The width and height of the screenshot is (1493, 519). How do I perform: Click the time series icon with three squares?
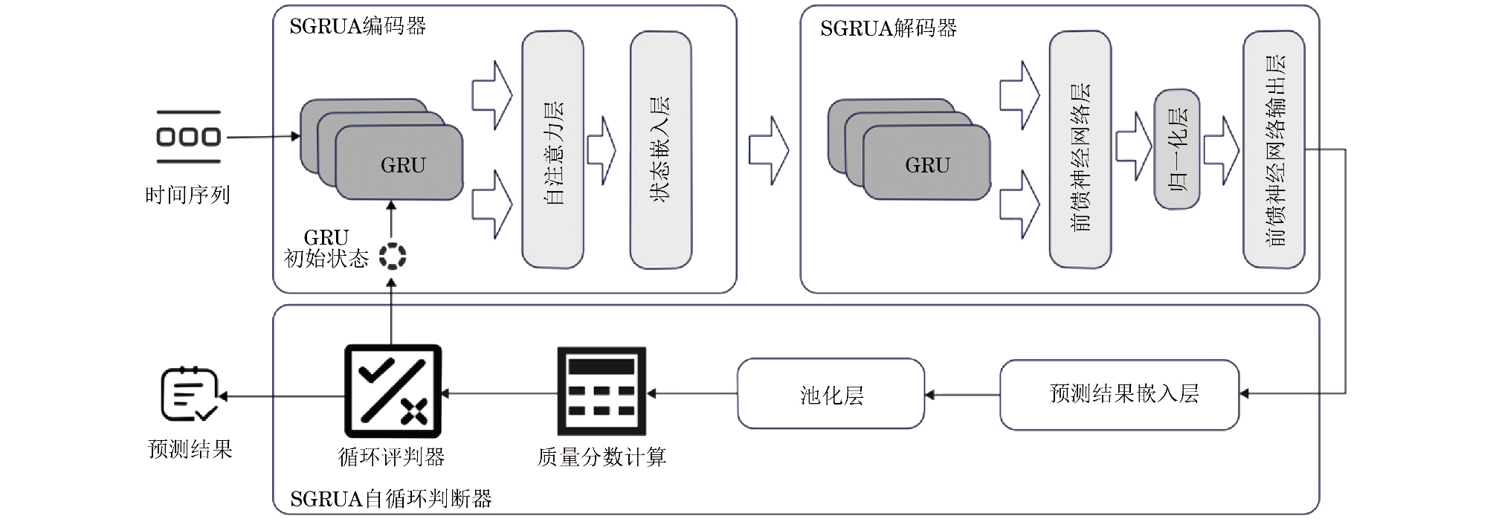tap(188, 137)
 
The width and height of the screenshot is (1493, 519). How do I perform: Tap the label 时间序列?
tap(187, 195)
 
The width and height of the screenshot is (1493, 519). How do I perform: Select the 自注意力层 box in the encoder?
tap(552, 149)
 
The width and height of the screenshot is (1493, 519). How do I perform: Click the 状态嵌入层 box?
tap(660, 149)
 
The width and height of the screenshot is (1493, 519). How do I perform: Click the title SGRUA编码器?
tap(358, 27)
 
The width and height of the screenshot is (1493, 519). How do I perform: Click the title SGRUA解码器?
tap(889, 28)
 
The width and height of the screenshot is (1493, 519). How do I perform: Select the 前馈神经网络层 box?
tap(1080, 149)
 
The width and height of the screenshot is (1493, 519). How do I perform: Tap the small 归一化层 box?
tap(1176, 149)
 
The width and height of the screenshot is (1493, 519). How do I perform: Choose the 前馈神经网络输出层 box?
tap(1274, 149)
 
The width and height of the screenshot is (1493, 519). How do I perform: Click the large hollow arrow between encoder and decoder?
tap(768, 150)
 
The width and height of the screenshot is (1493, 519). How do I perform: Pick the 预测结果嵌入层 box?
tap(1119, 394)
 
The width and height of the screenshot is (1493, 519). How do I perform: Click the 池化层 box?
tap(831, 394)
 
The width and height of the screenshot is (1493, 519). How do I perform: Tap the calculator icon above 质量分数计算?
tap(602, 391)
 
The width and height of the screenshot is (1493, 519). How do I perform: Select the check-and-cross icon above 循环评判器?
tap(393, 391)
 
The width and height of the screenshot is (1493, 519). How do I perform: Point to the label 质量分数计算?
tap(602, 457)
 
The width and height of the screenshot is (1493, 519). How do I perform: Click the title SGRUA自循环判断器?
tap(391, 499)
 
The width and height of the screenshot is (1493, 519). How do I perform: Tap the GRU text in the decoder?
tap(927, 165)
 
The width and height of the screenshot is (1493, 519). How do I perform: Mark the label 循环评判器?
tap(391, 457)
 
